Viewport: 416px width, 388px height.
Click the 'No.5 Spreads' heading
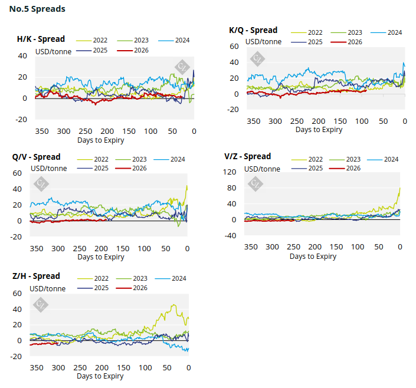pos(37,9)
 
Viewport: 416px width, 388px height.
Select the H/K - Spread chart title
pos(41,40)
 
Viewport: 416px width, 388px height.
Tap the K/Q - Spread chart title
pos(253,31)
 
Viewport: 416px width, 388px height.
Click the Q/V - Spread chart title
pos(36,157)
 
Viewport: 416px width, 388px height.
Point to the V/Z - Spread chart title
pos(247,157)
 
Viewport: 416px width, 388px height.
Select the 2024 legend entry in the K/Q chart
pos(395,32)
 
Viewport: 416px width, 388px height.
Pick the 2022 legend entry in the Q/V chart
pos(100,159)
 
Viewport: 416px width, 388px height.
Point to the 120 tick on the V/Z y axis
pos(230,172)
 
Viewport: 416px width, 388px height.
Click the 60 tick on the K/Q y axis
pos(234,46)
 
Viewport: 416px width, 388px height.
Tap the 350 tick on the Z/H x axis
pos(37,367)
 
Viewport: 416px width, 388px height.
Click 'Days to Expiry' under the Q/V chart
pos(100,257)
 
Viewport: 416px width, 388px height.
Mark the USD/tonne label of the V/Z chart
pos(263,169)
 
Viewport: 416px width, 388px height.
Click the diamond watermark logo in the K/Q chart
pos(258,58)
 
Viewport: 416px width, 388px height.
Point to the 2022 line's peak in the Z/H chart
pos(173,305)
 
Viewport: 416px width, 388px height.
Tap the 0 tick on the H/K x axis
pos(193,131)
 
